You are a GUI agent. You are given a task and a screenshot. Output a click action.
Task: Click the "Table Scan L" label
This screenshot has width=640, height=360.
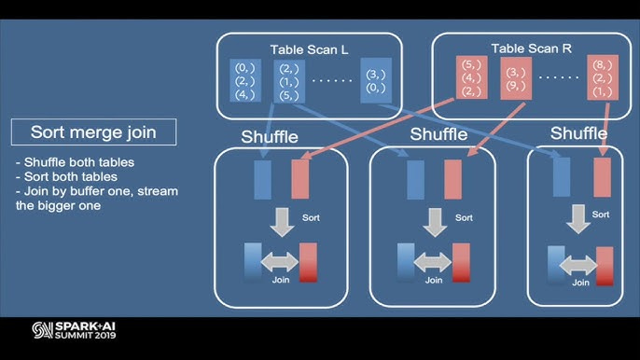click(x=309, y=48)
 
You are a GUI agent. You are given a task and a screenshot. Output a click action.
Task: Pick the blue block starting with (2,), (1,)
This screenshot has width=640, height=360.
click(x=288, y=81)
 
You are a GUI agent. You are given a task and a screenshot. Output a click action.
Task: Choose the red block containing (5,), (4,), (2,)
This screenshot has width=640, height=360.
click(x=471, y=77)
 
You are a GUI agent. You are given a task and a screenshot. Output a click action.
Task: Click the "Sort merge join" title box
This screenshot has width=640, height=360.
click(x=92, y=132)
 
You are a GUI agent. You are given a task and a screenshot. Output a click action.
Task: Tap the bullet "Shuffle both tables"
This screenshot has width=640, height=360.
click(x=75, y=162)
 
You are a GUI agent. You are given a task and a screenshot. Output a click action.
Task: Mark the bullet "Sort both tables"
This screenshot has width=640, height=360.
click(x=67, y=177)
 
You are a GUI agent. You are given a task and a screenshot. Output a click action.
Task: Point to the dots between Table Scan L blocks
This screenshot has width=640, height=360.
click(x=332, y=81)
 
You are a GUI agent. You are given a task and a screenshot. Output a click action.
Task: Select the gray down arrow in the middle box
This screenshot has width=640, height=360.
click(x=432, y=220)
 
